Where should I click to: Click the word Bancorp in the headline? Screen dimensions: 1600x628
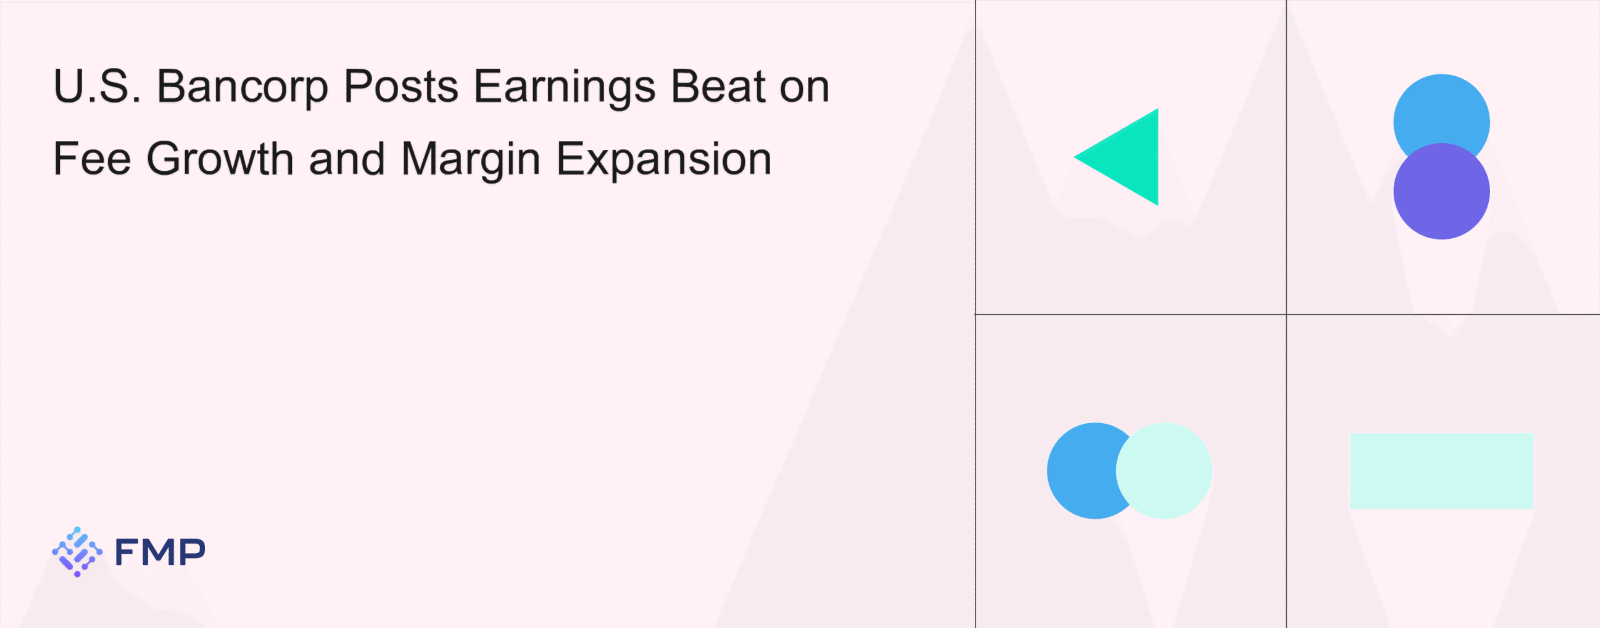[242, 87]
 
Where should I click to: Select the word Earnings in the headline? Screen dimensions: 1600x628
[565, 87]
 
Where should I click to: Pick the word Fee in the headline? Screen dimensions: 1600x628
[92, 159]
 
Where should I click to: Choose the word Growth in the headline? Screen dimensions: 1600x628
[220, 159]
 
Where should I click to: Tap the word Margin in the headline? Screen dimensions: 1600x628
[471, 161]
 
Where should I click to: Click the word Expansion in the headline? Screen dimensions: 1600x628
[664, 161]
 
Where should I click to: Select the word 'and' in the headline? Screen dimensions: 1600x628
[347, 159]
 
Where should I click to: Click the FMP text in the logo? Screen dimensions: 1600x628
[160, 552]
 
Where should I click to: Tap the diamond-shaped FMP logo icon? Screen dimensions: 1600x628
[77, 551]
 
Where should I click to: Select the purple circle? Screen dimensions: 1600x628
[1441, 191]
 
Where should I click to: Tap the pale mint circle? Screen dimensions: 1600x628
[1164, 471]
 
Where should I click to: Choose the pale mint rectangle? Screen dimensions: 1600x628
[1441, 471]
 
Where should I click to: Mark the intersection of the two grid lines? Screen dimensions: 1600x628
[1286, 314]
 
